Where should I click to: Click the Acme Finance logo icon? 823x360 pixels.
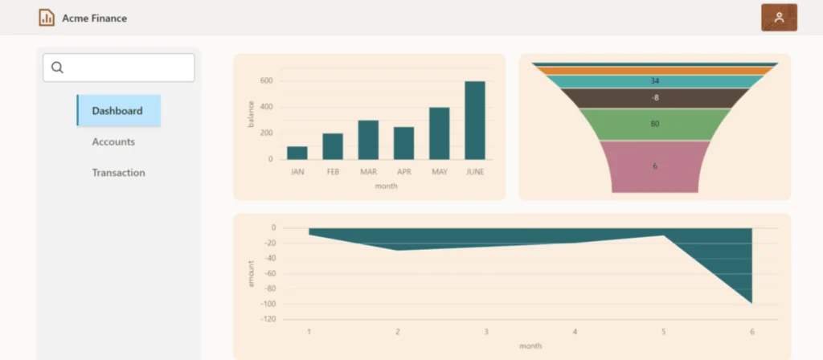(x=47, y=18)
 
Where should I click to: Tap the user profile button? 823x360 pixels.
(x=778, y=18)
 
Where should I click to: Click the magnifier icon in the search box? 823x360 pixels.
(x=57, y=67)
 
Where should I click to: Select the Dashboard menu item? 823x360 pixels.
(x=117, y=110)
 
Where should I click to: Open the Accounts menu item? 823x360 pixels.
(x=113, y=141)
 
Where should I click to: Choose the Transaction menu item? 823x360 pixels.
(x=118, y=172)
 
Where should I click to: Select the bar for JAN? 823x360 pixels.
(x=297, y=153)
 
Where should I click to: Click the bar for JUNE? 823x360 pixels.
(x=475, y=120)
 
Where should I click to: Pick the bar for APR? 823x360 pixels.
(x=403, y=143)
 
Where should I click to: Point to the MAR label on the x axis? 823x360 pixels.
(x=368, y=171)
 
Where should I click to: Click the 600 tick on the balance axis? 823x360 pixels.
(x=266, y=81)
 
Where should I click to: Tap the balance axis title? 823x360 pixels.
(x=251, y=114)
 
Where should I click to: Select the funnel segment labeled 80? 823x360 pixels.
(x=655, y=125)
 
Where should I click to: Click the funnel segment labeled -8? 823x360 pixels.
(x=655, y=98)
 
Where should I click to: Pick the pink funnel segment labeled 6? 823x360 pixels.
(x=655, y=166)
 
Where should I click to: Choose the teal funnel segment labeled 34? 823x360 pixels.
(x=655, y=81)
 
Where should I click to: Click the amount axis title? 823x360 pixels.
(x=251, y=274)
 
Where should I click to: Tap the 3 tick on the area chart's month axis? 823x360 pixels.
(x=485, y=331)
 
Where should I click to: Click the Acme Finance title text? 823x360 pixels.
(x=94, y=18)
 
